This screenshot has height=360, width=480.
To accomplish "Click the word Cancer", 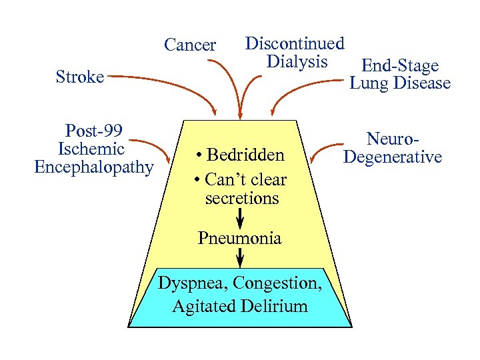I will [x=190, y=45].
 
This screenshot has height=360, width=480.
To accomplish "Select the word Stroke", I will [x=80, y=77].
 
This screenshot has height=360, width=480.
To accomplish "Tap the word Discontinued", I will [x=295, y=44].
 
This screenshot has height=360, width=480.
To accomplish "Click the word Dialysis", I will [x=297, y=61].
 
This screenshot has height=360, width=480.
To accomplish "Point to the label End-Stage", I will [x=399, y=66].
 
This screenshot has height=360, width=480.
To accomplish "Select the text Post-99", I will [x=94, y=130].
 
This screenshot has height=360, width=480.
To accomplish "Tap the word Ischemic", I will [x=91, y=149].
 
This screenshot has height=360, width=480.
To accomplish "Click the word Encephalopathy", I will [x=94, y=167].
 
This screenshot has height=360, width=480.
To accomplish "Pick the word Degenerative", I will [x=393, y=157].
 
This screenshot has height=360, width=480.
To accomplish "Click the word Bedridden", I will [x=246, y=156].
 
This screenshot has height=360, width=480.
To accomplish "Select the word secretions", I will [x=242, y=199].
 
